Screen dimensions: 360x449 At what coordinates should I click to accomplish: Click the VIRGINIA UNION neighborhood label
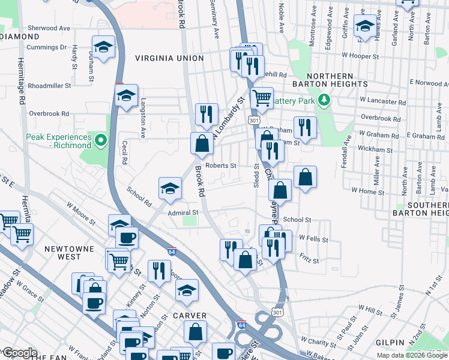169,58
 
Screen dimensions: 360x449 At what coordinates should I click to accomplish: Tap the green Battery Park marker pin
324,100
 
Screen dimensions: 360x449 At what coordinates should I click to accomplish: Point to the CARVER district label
190,316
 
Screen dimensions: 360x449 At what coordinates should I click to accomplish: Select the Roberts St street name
221,166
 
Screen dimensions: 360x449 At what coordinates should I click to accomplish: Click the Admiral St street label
183,212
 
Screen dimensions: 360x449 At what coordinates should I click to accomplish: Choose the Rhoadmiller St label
49,86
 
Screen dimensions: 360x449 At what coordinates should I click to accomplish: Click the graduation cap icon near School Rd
170,188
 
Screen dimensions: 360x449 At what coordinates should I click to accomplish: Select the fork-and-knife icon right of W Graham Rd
305,127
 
